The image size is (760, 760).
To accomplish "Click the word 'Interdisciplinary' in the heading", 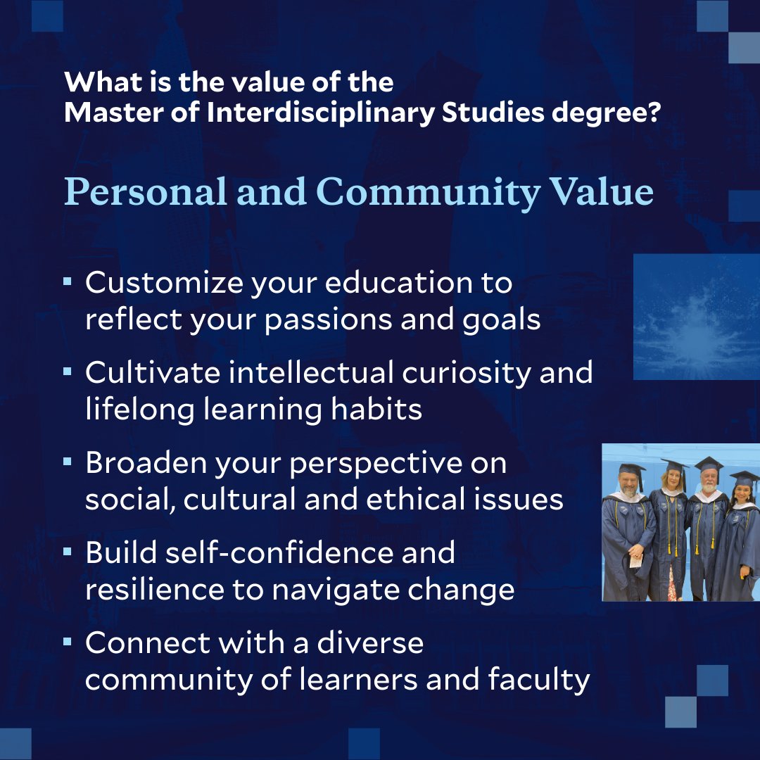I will (x=320, y=114).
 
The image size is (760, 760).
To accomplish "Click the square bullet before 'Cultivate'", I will (x=68, y=371).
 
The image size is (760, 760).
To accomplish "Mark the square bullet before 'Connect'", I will (x=68, y=642).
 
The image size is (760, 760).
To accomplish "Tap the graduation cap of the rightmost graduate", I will (x=743, y=477).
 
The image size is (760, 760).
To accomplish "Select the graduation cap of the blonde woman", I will (x=672, y=466).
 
